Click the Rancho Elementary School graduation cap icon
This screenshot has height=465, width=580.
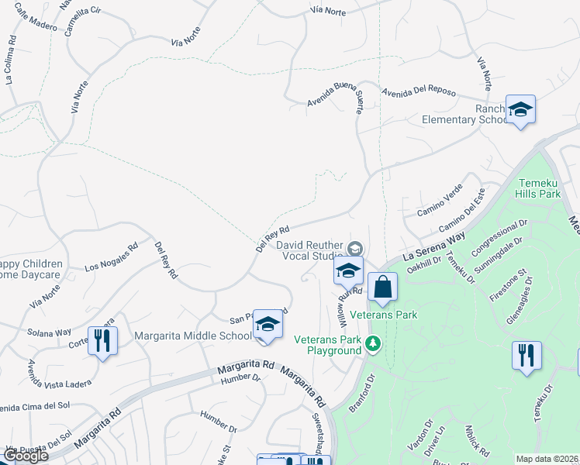[x=520, y=109]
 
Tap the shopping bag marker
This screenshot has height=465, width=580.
[x=382, y=287]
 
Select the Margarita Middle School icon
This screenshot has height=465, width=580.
[x=268, y=325]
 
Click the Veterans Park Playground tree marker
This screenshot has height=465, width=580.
[x=373, y=343]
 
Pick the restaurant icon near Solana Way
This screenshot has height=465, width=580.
[x=102, y=341]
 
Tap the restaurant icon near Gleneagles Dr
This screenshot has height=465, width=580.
[x=526, y=356]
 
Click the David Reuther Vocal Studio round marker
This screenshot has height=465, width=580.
[x=355, y=248]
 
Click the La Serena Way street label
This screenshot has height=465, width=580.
[x=437, y=245]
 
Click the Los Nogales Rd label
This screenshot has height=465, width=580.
[x=112, y=257]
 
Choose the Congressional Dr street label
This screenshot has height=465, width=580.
[x=499, y=232]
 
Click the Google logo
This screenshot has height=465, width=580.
[x=25, y=456]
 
